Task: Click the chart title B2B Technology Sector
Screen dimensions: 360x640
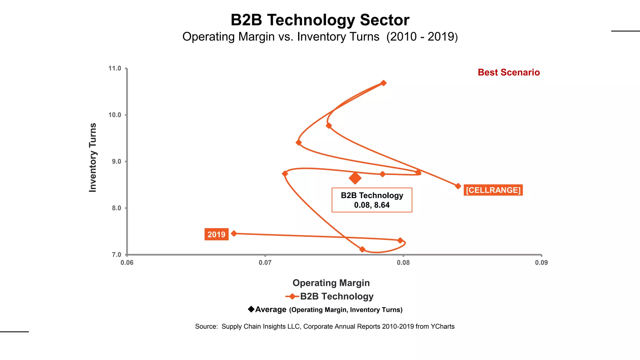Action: [320, 20]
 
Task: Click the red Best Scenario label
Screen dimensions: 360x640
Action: [508, 72]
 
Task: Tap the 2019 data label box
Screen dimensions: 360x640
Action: [216, 234]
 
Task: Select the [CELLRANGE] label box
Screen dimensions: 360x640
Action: [493, 190]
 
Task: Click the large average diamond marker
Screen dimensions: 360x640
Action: [355, 178]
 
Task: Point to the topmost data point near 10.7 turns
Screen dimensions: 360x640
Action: [383, 83]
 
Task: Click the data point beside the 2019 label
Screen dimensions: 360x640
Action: [234, 233]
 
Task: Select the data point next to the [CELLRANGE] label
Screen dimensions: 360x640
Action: [458, 186]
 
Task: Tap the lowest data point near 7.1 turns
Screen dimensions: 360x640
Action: [362, 249]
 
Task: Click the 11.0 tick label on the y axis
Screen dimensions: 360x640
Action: [115, 68]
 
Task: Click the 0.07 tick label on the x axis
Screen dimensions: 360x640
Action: [265, 262]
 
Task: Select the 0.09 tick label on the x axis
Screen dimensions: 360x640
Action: [541, 262]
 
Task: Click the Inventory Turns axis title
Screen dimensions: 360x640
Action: [93, 157]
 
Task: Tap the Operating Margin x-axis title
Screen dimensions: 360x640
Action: [331, 283]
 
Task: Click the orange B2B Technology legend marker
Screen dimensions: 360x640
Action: [292, 296]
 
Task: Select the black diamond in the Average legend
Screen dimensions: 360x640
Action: [251, 309]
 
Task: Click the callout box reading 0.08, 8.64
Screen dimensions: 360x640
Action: [372, 200]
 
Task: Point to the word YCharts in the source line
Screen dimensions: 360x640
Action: [442, 327]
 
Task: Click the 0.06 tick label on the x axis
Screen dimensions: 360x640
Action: [127, 262]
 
